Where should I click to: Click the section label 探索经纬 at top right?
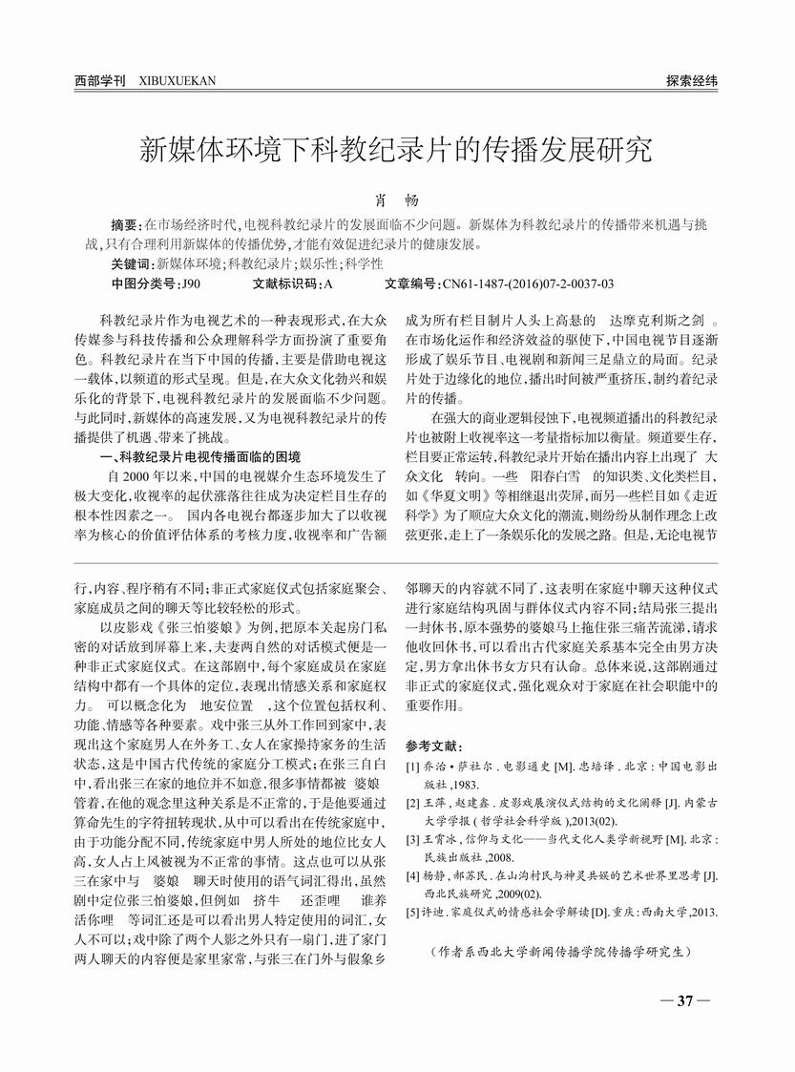(691, 81)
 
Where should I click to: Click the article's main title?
(397, 151)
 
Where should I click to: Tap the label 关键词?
(132, 263)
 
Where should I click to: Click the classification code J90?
(191, 284)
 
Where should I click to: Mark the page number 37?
(684, 1000)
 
